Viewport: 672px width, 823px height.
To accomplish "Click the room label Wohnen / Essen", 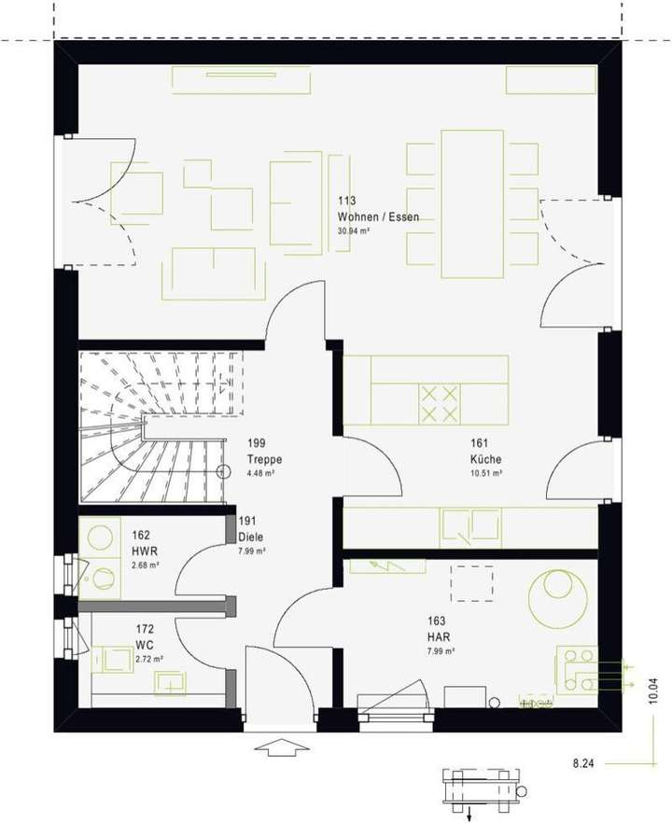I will pos(378,216).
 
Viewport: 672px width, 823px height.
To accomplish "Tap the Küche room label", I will pos(486,459).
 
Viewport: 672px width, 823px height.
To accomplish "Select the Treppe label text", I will pos(264,459).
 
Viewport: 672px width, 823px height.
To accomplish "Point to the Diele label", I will pos(249,537).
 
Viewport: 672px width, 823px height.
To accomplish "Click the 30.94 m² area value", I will pos(355,230).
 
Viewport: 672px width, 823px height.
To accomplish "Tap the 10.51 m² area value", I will pos(486,473).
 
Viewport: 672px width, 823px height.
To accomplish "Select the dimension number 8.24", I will pos(583,763).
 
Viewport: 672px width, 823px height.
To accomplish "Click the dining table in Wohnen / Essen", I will pos(472,203).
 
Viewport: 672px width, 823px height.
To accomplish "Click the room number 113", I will pos(347,201).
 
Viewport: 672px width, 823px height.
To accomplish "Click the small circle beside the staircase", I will pos(223,471).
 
